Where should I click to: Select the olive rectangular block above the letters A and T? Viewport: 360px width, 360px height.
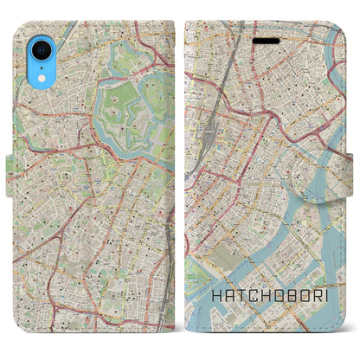coord(229,259)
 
